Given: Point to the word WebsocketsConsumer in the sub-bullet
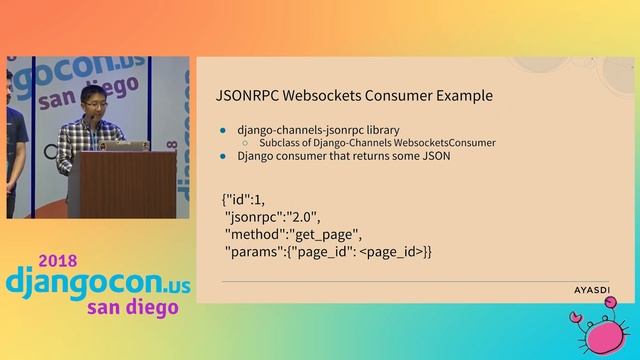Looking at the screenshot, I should point(439,143).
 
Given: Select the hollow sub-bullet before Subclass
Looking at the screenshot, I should point(246,143).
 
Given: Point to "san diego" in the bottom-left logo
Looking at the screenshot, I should point(131,306).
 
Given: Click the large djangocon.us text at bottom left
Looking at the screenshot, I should point(96,280).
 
